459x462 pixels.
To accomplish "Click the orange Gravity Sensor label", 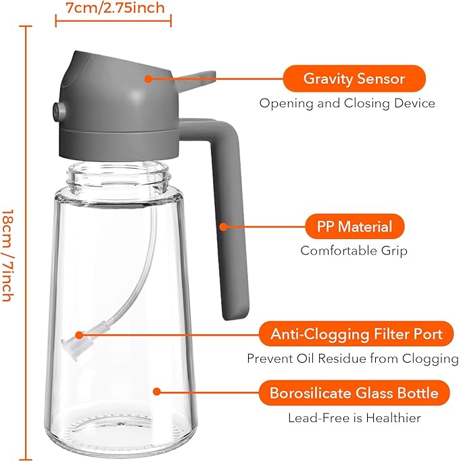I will click(x=354, y=78).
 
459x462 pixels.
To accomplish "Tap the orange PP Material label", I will click(x=355, y=226).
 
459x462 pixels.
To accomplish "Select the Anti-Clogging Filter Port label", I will click(x=357, y=334).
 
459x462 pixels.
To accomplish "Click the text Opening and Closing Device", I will click(x=347, y=103).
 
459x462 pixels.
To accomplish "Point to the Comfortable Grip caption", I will click(x=354, y=251).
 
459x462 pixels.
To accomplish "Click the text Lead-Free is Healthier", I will click(x=354, y=418).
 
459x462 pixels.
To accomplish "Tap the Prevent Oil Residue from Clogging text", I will click(x=352, y=358).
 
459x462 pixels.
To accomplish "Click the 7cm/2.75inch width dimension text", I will click(x=114, y=9).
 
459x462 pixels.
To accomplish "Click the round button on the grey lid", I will click(x=57, y=109).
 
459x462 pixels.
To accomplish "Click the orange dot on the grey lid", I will click(x=148, y=78).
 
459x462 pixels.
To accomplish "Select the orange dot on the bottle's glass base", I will click(x=157, y=392).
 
